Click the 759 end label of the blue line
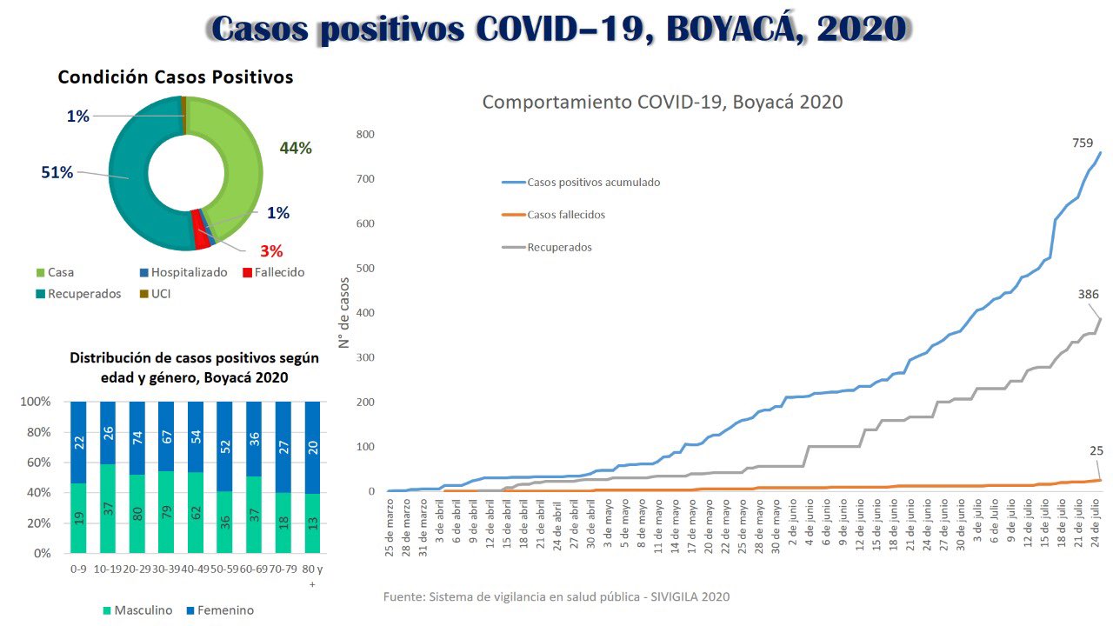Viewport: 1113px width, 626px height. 1083,143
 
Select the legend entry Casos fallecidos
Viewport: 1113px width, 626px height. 565,215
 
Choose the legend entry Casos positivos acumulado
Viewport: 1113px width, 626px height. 593,183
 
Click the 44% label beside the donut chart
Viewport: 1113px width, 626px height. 296,149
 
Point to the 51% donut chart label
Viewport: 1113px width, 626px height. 57,172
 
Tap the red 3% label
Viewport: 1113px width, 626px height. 271,251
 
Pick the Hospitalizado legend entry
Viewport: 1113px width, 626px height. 189,273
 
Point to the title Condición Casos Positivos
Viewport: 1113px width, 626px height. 176,77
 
